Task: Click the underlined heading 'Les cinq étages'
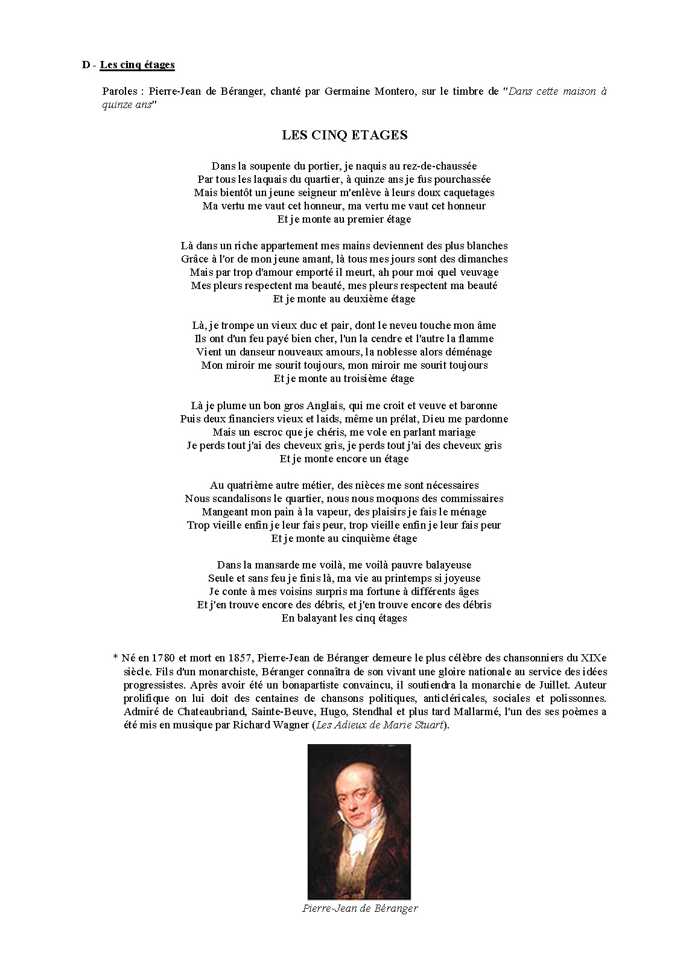(x=137, y=65)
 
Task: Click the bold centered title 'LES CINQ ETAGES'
(x=344, y=135)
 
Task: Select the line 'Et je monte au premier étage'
(x=344, y=219)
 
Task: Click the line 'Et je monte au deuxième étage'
(x=344, y=299)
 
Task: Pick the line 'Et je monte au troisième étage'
(x=344, y=378)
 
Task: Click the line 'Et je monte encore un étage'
(x=344, y=459)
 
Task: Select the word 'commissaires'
(x=471, y=498)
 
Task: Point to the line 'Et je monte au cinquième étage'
(x=344, y=538)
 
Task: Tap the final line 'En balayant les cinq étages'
(x=344, y=618)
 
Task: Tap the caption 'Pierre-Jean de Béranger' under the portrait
(x=360, y=908)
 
